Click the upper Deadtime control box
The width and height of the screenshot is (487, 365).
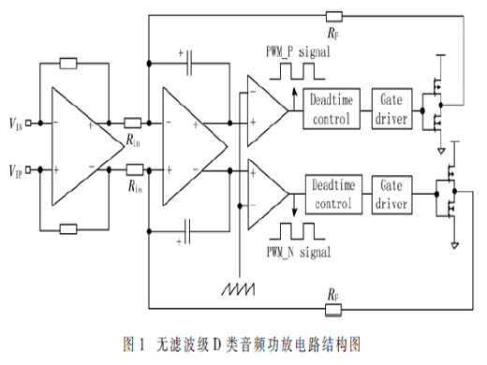tap(332, 109)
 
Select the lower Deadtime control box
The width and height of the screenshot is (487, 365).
tap(333, 195)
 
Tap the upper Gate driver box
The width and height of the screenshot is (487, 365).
tap(391, 109)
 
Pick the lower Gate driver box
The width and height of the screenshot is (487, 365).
tap(391, 195)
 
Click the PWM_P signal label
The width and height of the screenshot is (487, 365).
tap(298, 51)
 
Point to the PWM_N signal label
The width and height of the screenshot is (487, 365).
tap(299, 252)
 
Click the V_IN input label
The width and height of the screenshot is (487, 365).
tap(16, 124)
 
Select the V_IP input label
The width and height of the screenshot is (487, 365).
tap(16, 171)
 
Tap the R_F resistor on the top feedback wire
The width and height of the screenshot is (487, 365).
tap(334, 17)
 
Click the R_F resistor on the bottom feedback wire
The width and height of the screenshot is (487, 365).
tap(333, 310)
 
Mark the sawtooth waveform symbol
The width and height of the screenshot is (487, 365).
tap(238, 289)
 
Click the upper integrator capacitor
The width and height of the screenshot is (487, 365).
tap(189, 64)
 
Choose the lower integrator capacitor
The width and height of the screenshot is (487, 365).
tap(187, 231)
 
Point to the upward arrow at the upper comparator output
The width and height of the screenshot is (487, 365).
tap(294, 99)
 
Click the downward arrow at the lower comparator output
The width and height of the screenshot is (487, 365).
tap(294, 205)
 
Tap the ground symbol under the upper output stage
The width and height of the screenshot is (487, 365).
tap(441, 151)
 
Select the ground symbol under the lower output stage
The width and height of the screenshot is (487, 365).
tap(455, 245)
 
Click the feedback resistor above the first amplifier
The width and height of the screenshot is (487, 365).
tap(68, 64)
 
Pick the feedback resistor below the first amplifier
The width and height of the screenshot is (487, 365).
tap(68, 229)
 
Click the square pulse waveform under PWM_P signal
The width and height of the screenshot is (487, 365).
tap(297, 71)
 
